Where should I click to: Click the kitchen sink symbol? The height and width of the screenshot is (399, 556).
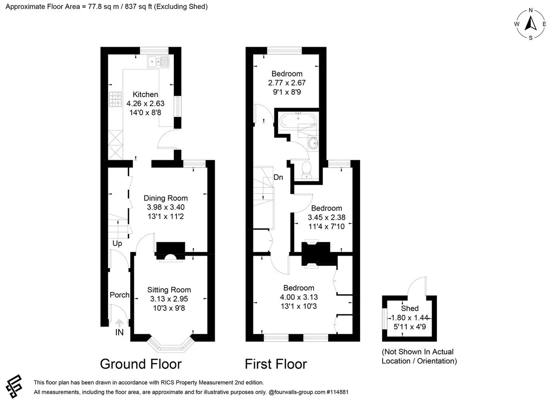click(158, 61)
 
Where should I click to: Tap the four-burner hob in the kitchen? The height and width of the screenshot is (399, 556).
click(115, 99)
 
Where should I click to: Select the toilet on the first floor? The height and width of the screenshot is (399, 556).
click(307, 170)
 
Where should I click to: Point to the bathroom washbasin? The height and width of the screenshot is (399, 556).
click(313, 143)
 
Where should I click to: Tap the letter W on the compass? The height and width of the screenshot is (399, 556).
click(517, 24)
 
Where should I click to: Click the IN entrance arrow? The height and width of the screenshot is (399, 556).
click(120, 323)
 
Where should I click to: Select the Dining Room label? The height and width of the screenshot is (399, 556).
click(165, 198)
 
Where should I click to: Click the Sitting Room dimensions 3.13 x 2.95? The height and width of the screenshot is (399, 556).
click(169, 299)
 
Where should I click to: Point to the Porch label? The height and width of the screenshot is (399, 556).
click(120, 295)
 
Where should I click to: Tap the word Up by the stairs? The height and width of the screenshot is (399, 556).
click(117, 244)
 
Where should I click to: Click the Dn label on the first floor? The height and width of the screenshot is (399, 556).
click(278, 177)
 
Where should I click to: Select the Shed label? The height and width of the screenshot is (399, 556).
click(410, 309)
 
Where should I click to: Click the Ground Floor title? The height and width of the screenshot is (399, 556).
click(141, 364)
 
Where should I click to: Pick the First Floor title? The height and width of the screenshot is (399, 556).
click(276, 364)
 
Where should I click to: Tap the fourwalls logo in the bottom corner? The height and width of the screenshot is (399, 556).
click(14, 386)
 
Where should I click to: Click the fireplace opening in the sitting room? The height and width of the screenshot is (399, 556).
click(171, 257)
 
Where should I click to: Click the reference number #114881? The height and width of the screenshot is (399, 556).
click(338, 392)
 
